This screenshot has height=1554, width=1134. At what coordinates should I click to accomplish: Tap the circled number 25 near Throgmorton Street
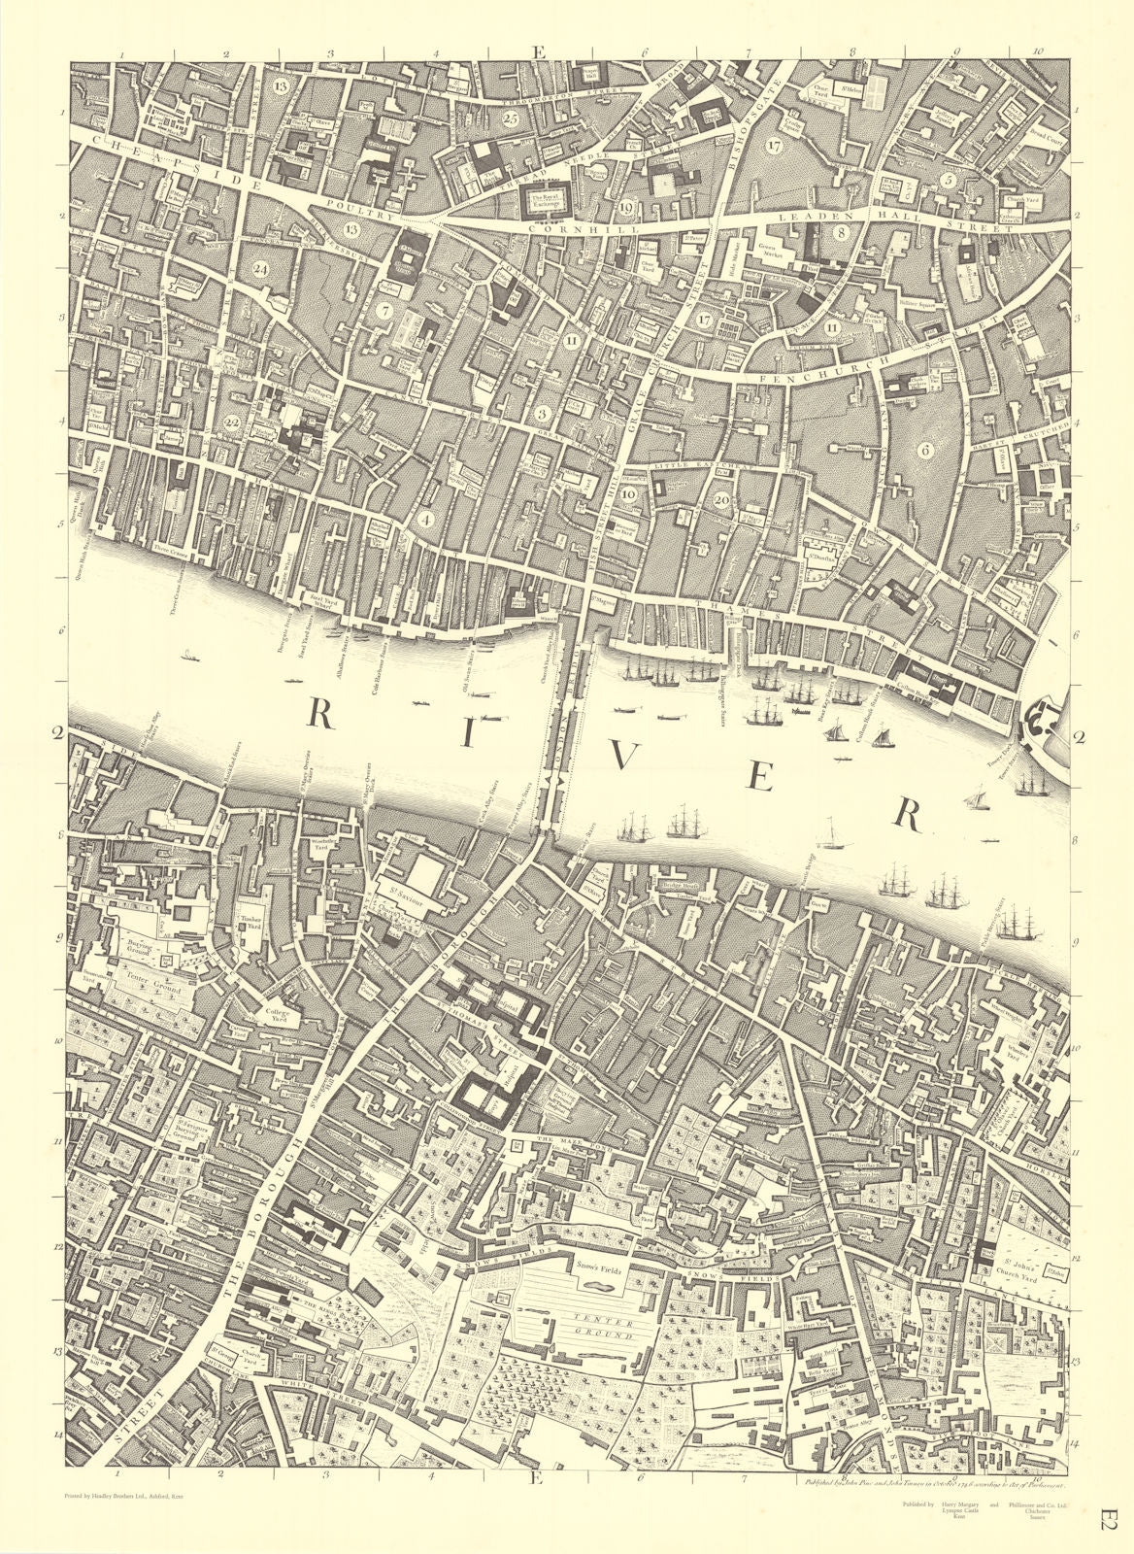pyautogui.click(x=512, y=118)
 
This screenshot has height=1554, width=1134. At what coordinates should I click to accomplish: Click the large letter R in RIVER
pyautogui.click(x=321, y=716)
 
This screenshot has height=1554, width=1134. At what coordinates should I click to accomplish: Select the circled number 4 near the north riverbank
pyautogui.click(x=424, y=519)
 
